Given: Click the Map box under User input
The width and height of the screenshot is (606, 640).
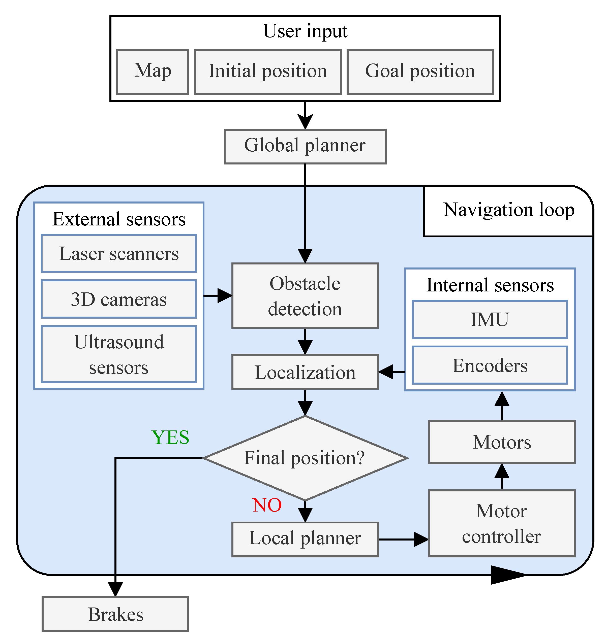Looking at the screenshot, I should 153,72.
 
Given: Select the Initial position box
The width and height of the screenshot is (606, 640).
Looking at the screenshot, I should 267,72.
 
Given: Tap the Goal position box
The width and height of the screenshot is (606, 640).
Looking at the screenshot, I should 420,72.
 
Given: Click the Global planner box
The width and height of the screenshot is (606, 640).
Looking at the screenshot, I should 305,147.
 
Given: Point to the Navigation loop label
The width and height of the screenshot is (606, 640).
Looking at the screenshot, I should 508,210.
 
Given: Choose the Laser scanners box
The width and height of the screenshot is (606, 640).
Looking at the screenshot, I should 118,253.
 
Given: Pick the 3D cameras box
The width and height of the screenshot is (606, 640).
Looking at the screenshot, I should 118,299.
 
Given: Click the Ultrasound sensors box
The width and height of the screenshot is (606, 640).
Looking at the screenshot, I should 118,354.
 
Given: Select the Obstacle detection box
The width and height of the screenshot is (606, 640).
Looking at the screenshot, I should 305,296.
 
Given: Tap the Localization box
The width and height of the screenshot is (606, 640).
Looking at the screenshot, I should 305,372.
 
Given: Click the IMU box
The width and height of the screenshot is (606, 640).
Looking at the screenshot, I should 490,320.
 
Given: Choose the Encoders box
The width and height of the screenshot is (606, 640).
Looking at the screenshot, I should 490,365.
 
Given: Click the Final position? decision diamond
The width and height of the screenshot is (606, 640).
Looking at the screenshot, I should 305,458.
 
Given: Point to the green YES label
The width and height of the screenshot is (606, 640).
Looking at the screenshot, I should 170,438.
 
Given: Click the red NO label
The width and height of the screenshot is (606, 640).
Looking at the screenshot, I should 267,505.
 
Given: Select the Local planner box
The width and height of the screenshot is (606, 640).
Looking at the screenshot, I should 305,539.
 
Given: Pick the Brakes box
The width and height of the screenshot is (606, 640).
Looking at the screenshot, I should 115,614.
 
